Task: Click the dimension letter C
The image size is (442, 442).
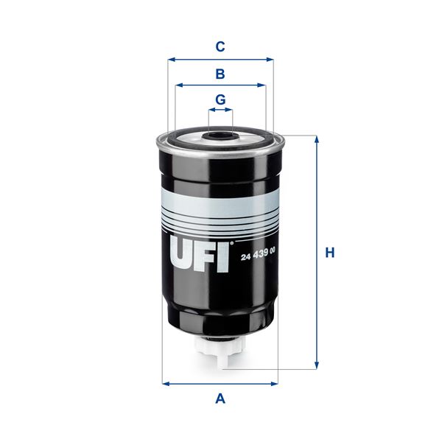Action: pyautogui.click(x=220, y=47)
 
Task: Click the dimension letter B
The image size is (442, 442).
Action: pyautogui.click(x=220, y=74)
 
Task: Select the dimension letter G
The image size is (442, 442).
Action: pyautogui.click(x=220, y=99)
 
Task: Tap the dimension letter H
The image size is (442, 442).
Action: pyautogui.click(x=331, y=253)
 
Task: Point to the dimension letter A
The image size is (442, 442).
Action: pyautogui.click(x=220, y=399)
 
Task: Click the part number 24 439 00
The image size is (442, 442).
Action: pyautogui.click(x=258, y=253)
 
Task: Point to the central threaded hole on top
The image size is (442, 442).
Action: pyautogui.click(x=220, y=136)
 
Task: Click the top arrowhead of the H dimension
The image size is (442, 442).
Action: pyautogui.click(x=317, y=139)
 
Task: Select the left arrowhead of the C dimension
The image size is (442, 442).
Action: pyautogui.click(x=171, y=60)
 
